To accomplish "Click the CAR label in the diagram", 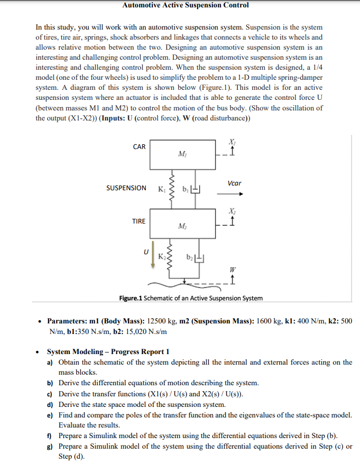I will [x=139, y=146].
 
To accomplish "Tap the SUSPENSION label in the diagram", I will [x=126, y=188].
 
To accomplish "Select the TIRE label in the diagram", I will [x=139, y=221].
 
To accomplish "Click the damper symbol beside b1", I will [x=195, y=188].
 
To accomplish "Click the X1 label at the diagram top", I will [x=232, y=142].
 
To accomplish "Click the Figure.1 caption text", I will [x=191, y=298].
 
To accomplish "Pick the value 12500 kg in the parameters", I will [x=162, y=321].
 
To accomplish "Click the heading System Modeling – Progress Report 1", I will [x=108, y=351].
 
